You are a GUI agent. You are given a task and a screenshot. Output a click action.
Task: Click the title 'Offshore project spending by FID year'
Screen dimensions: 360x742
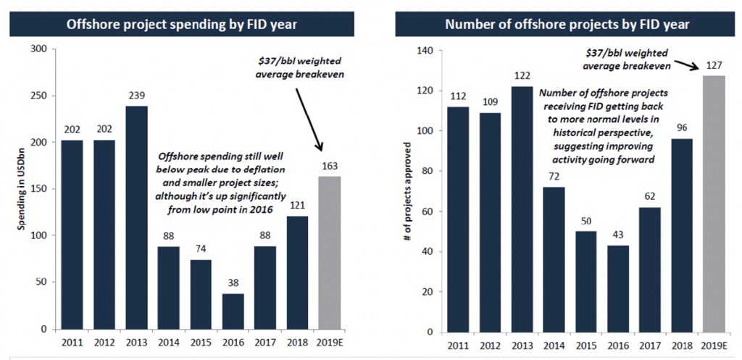click(182, 25)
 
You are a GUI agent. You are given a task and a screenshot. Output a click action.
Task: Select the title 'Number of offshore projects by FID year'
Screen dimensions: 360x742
click(567, 25)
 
